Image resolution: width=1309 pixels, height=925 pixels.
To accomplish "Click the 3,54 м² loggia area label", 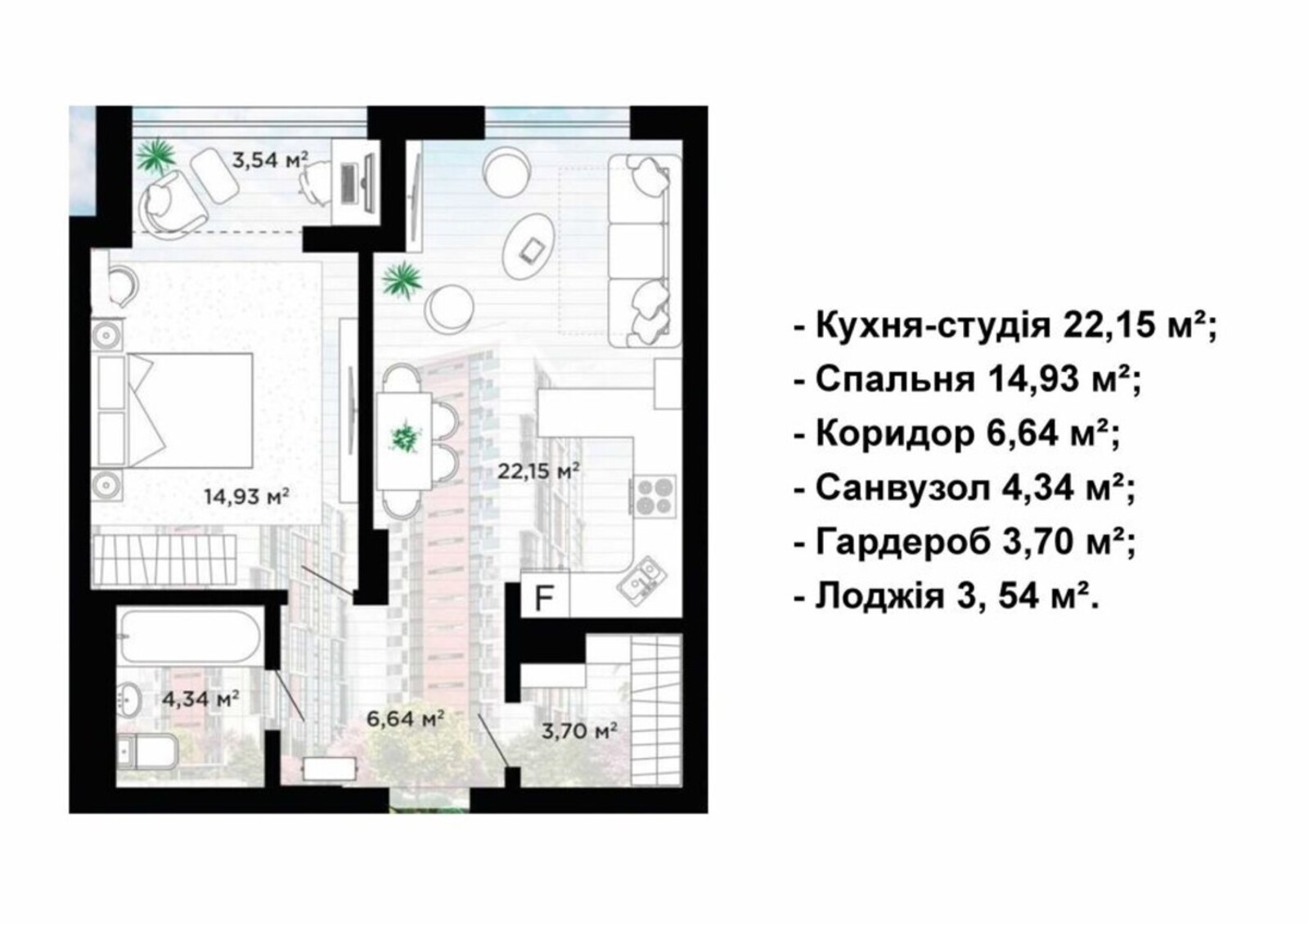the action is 270,159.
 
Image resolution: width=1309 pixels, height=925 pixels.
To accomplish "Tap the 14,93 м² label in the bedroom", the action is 246,496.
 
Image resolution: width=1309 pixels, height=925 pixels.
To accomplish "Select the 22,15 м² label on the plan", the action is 538,470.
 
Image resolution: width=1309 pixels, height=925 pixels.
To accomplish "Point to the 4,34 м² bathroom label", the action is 200,698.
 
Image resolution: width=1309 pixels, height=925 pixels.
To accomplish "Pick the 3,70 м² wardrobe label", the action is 580,730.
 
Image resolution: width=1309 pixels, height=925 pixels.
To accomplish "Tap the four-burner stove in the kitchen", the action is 654,495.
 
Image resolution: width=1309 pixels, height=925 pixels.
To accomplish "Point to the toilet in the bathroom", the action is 147,751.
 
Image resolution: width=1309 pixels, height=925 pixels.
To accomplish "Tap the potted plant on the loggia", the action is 156,156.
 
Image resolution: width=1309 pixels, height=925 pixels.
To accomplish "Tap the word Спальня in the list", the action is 895,379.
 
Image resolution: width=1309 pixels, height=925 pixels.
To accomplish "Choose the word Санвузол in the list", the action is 903,487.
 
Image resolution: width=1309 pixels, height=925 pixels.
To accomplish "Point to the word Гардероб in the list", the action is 903,541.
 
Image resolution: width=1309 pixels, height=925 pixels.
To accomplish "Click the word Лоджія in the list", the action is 880,596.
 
